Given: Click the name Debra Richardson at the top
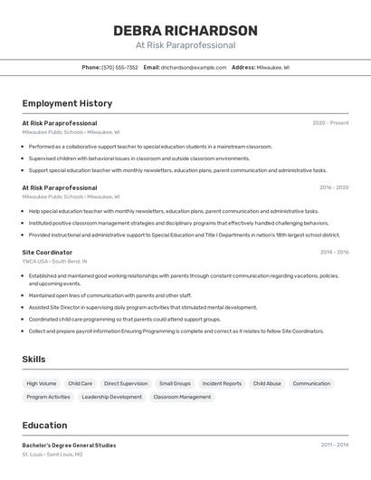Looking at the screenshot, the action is [185, 31].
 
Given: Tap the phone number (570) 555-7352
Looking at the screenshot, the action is [119, 68].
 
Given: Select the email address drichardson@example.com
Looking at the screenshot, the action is [194, 68].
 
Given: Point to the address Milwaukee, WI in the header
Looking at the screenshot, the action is [273, 68].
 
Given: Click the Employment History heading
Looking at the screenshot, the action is [67, 104].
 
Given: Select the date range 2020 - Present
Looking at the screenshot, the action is [330, 123].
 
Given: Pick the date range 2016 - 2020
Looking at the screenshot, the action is [334, 187].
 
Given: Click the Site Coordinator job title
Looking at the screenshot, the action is [47, 252].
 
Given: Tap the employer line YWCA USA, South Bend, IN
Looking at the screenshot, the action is [57, 261].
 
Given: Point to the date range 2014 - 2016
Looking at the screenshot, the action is [334, 252].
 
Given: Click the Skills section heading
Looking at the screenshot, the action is [33, 360].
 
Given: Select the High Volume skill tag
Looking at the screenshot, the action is [42, 384].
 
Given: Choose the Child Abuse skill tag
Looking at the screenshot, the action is [267, 384].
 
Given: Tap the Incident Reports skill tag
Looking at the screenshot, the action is [222, 384].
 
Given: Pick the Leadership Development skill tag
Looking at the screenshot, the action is [112, 397].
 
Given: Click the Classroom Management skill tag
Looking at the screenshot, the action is [182, 397].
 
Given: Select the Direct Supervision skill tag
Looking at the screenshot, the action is [126, 384].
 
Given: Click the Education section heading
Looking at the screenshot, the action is [44, 426].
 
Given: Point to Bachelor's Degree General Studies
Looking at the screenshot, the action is [69, 445].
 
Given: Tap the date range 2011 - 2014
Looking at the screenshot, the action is [334, 445].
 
